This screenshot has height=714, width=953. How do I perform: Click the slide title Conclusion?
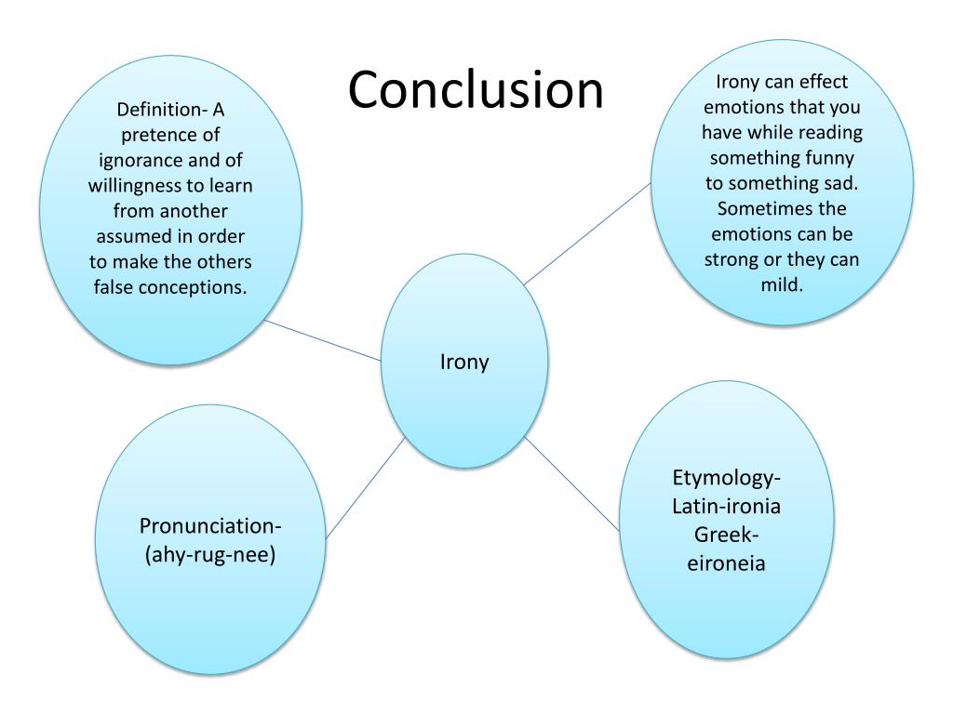[x=476, y=90]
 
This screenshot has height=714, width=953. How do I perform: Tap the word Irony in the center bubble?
[x=463, y=362]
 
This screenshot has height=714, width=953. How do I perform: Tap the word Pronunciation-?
[x=210, y=526]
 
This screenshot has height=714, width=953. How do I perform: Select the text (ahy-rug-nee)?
[x=210, y=556]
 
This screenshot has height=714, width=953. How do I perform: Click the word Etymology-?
[x=726, y=479]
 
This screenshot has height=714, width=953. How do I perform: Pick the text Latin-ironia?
[x=726, y=507]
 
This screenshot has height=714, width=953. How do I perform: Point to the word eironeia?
[x=726, y=563]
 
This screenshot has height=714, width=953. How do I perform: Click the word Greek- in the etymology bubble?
[x=726, y=535]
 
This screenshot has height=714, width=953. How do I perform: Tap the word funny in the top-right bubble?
[x=832, y=157]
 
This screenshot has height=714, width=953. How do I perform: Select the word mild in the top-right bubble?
[x=782, y=284]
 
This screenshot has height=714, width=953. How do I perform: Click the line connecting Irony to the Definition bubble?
[x=322, y=341]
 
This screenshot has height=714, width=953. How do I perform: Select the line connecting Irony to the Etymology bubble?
[x=571, y=483]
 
